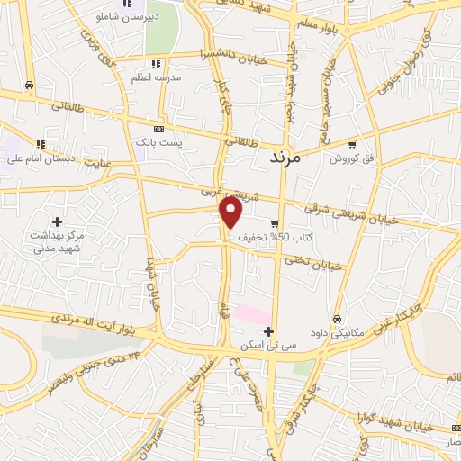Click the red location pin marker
(x=232, y=213)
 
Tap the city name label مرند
(x=290, y=157)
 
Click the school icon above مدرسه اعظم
(x=156, y=64)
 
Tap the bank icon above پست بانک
(x=158, y=130)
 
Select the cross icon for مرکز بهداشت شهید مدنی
(x=57, y=221)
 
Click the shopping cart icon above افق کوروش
(x=351, y=145)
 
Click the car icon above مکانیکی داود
(x=337, y=318)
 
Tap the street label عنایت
(x=99, y=164)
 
